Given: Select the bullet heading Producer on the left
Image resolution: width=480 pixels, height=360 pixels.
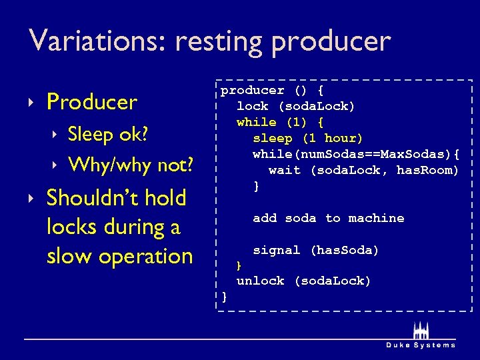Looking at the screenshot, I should click(x=91, y=102).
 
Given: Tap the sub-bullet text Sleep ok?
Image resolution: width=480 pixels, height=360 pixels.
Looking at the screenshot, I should click(x=108, y=134).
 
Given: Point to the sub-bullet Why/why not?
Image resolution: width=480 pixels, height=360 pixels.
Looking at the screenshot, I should click(x=131, y=163).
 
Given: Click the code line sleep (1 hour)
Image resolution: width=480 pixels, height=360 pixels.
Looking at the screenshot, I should click(x=307, y=138).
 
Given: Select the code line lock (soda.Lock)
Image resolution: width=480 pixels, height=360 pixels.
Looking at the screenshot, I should click(x=295, y=106).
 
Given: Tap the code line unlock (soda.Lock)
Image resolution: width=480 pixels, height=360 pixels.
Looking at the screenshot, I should click(x=303, y=281).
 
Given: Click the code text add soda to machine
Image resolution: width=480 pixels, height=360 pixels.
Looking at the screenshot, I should click(x=328, y=218).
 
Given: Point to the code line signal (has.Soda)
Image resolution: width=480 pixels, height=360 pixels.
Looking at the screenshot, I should click(x=315, y=250).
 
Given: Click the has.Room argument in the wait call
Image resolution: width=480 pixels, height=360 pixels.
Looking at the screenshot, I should click(x=427, y=170).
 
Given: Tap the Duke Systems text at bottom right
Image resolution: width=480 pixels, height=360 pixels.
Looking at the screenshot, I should click(x=421, y=345).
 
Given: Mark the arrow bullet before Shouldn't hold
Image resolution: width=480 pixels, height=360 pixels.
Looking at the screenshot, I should click(x=32, y=199).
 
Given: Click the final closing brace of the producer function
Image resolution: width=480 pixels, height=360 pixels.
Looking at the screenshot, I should click(x=225, y=296).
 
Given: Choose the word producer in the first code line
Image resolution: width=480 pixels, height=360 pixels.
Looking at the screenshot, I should click(x=252, y=90).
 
